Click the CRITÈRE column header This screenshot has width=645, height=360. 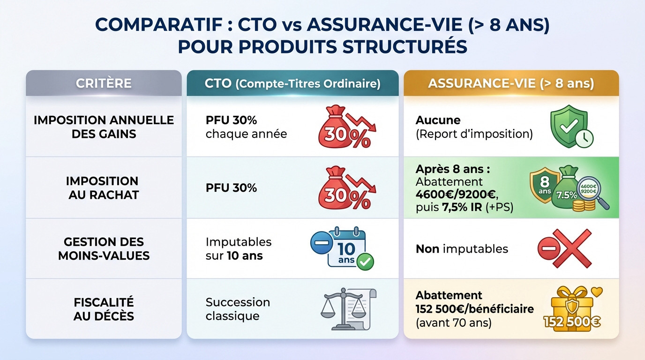[x=104, y=83]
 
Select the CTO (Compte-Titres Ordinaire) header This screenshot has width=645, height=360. [x=292, y=83]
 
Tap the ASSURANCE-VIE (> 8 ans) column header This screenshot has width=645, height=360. [x=511, y=83]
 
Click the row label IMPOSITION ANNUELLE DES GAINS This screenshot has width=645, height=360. [x=104, y=127]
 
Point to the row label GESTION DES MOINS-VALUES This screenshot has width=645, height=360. [x=104, y=248]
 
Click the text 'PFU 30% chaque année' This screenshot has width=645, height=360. [x=246, y=127]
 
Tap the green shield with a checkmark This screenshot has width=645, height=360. [x=568, y=124]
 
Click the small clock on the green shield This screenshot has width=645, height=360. [x=585, y=139]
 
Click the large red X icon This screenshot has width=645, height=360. [x=571, y=248]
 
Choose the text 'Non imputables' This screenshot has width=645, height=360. [x=462, y=248]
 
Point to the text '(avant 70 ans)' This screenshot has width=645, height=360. [x=453, y=322]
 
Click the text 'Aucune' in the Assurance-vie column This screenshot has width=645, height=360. [x=438, y=120]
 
